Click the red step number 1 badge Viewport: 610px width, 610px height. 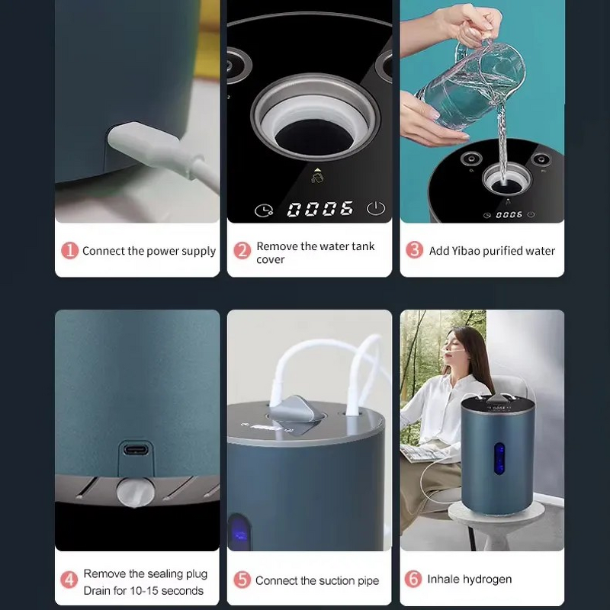(x=69, y=251)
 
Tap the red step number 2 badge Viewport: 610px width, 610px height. (x=242, y=251)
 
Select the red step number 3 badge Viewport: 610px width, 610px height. (x=414, y=250)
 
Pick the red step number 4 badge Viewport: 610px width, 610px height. (x=69, y=579)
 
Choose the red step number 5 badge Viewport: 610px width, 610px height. (x=242, y=579)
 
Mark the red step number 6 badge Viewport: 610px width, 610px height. (x=413, y=579)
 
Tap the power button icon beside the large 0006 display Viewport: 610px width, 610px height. (x=375, y=208)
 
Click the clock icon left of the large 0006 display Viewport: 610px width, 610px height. (x=264, y=210)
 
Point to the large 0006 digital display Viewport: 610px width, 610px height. (x=320, y=209)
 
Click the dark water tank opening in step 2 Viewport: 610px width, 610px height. (x=314, y=137)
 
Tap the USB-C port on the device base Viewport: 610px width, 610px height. (x=136, y=450)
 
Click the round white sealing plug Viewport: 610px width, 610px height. (x=136, y=493)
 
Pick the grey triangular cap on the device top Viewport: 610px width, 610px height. (x=296, y=409)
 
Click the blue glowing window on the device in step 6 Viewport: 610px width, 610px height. (x=499, y=458)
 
